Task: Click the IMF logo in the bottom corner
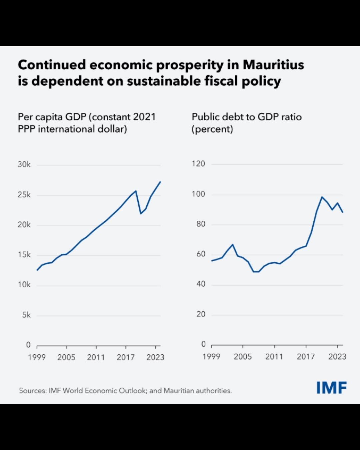[x=331, y=388]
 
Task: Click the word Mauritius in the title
[x=273, y=65]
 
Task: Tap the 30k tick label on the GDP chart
[x=24, y=165]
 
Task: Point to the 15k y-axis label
[x=24, y=255]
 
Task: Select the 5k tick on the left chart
[x=26, y=315]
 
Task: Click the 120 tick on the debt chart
[x=198, y=164]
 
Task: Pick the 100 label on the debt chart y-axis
[x=198, y=194]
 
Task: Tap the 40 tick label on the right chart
[x=200, y=284]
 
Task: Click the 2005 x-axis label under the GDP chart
[x=66, y=358]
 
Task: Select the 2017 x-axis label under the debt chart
[x=306, y=357]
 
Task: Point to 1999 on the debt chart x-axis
[x=211, y=357]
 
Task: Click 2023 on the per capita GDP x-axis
[x=155, y=358]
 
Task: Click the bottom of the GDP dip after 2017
[x=141, y=213]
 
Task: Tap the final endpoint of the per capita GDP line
[x=160, y=182]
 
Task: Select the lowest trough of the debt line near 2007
[x=256, y=272]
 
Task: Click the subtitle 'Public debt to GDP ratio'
[x=247, y=117]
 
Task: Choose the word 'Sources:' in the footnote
[x=33, y=391]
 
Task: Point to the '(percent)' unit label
[x=212, y=129]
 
